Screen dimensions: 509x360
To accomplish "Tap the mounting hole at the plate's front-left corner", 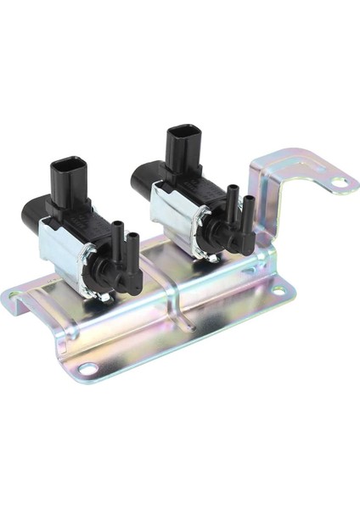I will pyautogui.click(x=88, y=367).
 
